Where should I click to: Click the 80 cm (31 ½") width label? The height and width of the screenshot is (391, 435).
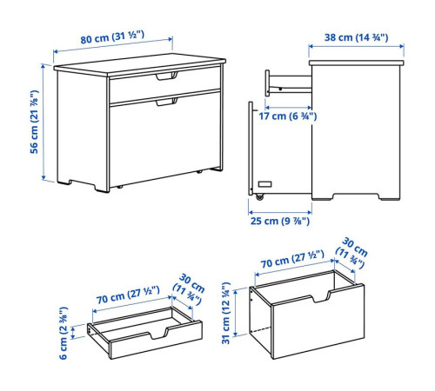(x=112, y=37)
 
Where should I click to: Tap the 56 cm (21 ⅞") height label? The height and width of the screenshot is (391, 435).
(x=34, y=122)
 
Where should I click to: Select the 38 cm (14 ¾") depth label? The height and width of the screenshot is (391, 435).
(x=356, y=37)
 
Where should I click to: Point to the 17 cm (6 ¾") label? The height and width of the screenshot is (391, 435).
(x=288, y=116)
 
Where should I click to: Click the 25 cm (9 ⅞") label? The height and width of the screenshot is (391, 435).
(x=280, y=221)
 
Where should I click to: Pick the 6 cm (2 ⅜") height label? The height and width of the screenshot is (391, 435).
(x=64, y=333)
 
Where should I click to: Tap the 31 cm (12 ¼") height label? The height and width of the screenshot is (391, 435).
(x=226, y=313)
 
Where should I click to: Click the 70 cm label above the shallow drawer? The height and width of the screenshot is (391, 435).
(x=128, y=295)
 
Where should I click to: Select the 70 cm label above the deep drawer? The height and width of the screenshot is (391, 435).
(x=292, y=259)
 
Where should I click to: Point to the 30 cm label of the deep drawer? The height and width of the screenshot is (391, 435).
(x=351, y=253)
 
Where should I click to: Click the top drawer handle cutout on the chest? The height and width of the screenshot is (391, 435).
(x=166, y=76)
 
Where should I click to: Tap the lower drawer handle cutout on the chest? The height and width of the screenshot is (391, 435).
(x=166, y=102)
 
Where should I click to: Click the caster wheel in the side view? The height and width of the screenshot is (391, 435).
(x=259, y=196)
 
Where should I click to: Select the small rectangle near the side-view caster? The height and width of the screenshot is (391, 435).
(x=264, y=184)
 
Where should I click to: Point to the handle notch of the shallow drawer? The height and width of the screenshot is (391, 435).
(x=158, y=334)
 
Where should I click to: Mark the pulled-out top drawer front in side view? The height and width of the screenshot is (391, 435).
(x=267, y=83)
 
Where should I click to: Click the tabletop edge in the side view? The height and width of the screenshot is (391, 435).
(x=357, y=63)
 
